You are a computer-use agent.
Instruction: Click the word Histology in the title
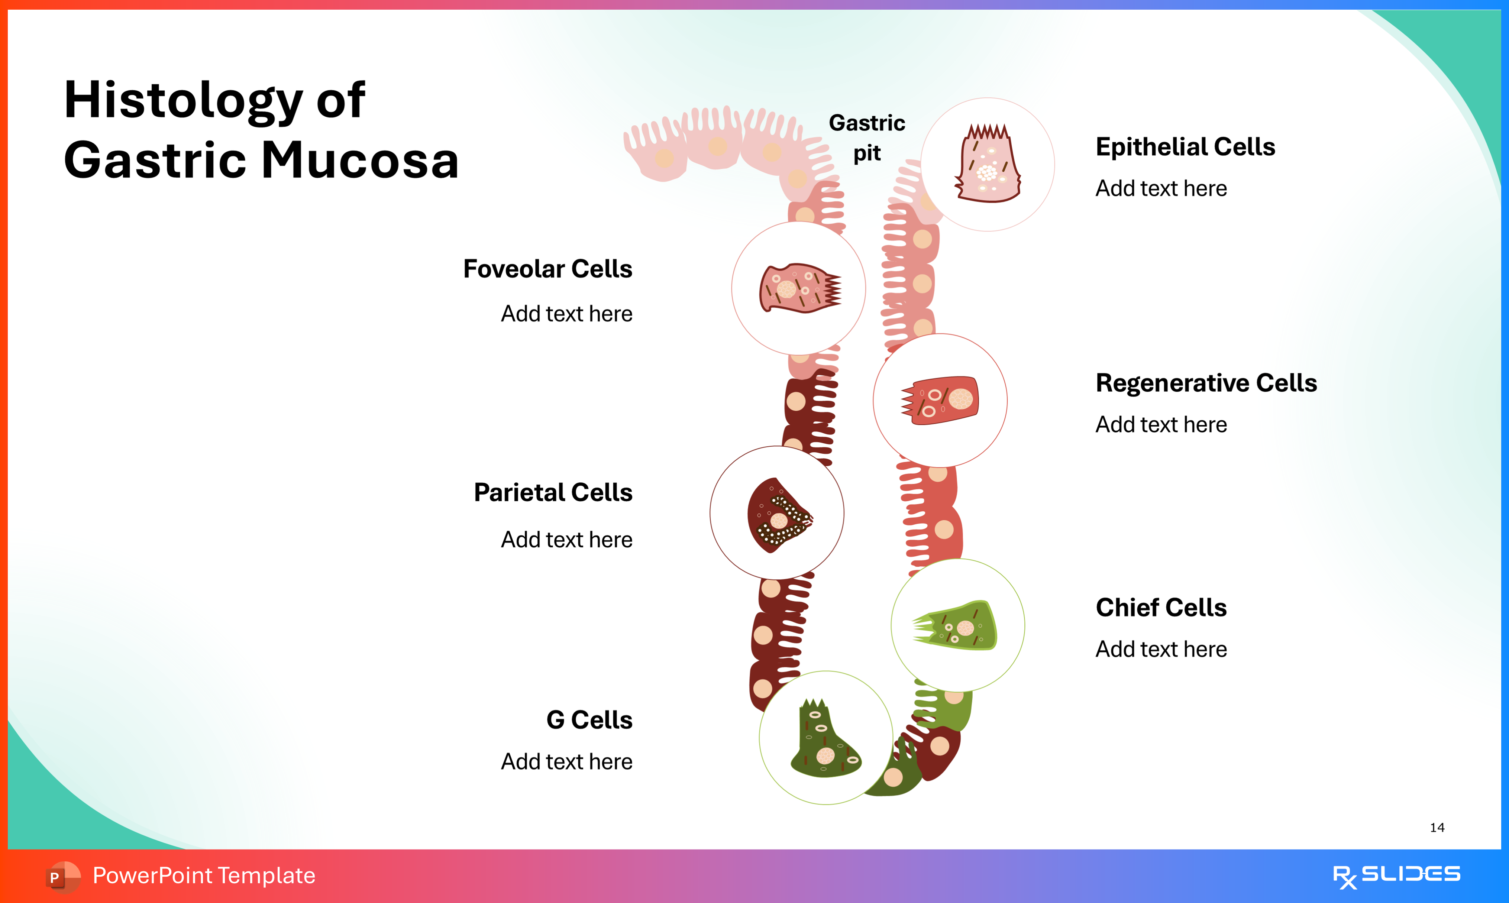182,100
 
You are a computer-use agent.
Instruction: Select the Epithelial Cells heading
1185,147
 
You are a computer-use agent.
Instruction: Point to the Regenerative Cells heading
1206,383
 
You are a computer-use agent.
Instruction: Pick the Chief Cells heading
1160,607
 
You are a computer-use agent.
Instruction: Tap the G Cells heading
589,720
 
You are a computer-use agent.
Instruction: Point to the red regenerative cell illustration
940,400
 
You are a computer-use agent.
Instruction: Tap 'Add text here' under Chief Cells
1160,649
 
